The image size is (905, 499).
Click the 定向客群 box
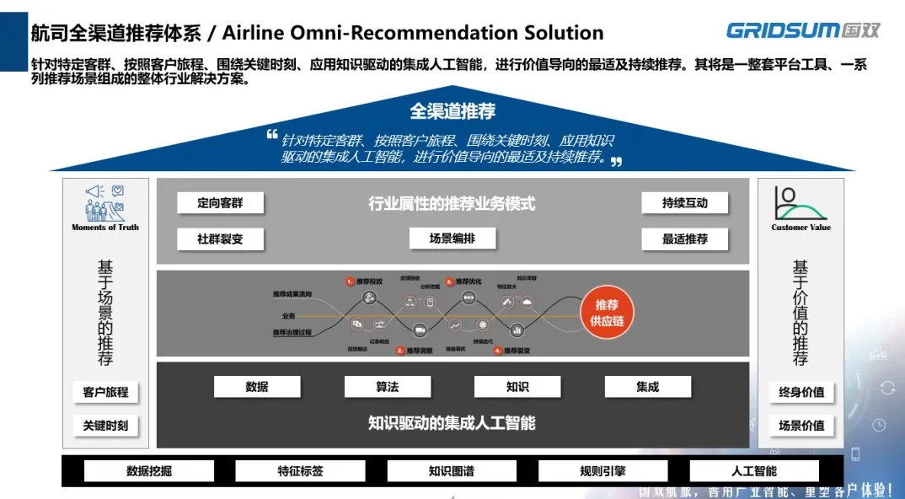point(220,203)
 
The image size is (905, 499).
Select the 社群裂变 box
point(220,239)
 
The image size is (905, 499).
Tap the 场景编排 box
point(452,239)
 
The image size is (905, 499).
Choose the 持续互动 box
point(684,203)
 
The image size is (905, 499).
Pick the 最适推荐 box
point(684,239)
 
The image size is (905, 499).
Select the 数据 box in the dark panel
point(257,387)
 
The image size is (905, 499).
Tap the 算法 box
point(388,387)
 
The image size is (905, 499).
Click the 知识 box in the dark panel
point(517,387)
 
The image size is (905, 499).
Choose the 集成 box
point(647,387)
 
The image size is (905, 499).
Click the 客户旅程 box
point(105,392)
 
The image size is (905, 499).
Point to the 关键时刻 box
point(105,426)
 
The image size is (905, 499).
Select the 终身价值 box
point(801,392)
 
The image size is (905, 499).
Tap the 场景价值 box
point(801,426)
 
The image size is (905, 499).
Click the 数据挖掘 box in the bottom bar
point(149,471)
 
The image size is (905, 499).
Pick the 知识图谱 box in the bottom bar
point(452,471)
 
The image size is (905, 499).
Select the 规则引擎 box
point(602,471)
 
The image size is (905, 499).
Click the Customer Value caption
point(801,228)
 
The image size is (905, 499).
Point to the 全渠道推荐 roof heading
point(452,110)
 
